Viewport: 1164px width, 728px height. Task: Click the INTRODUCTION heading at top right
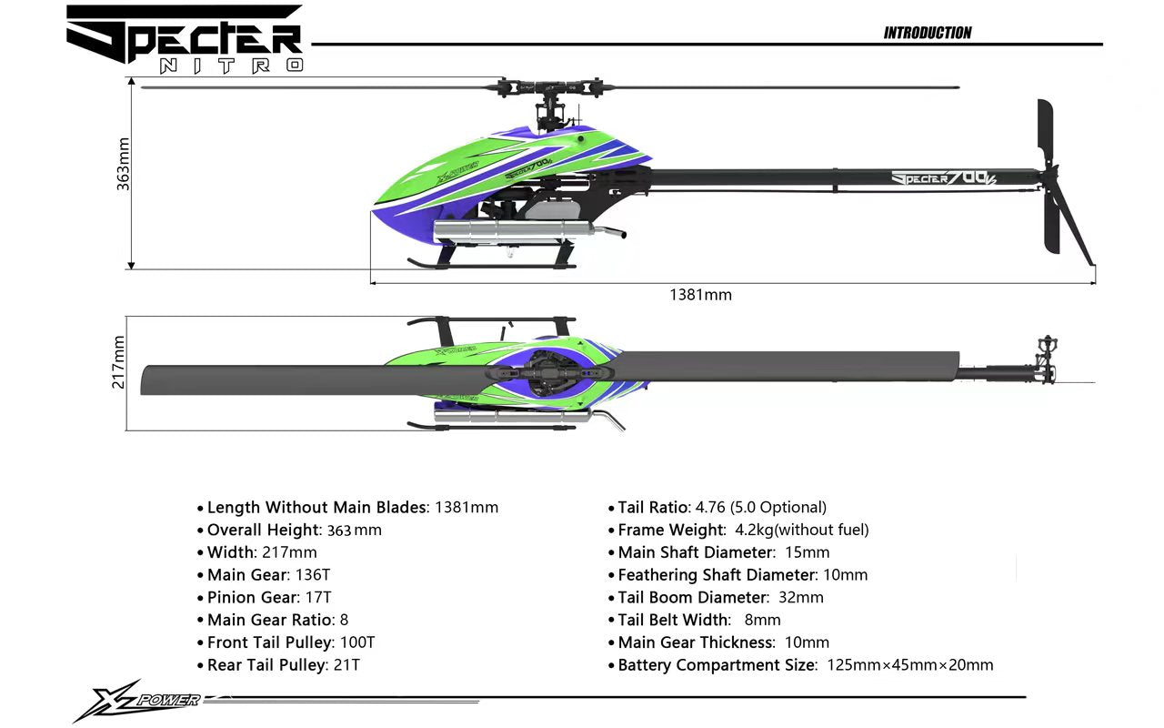tap(927, 33)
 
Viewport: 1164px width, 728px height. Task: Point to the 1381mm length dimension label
tap(700, 295)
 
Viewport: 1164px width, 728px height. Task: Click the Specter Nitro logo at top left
tap(185, 38)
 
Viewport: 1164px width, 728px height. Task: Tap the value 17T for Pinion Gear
tap(319, 598)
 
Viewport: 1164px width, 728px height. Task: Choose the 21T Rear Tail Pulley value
tap(346, 665)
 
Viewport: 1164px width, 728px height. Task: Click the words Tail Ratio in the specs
tap(653, 508)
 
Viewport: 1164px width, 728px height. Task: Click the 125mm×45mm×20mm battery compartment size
tap(909, 665)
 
